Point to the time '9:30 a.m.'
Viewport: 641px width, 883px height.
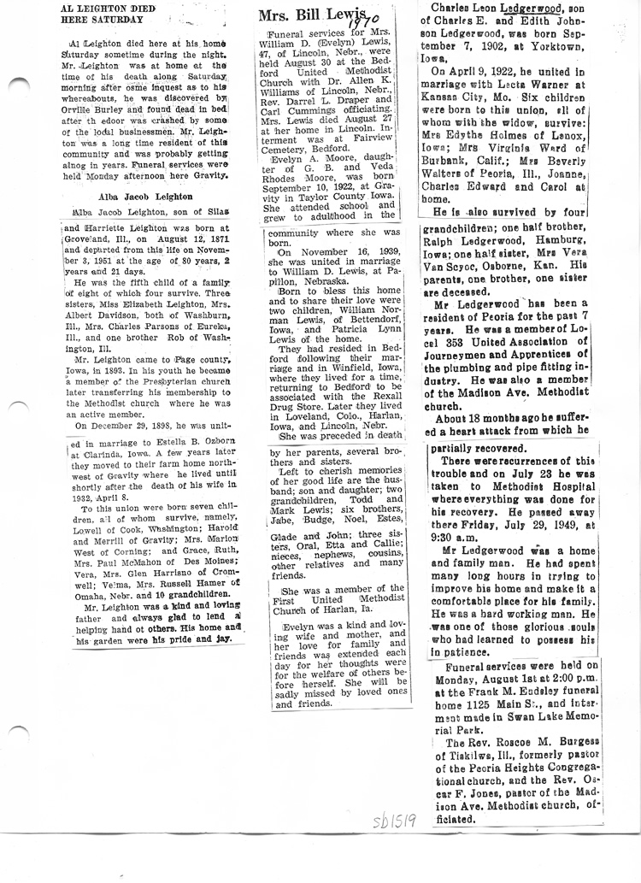pos(459,514)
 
